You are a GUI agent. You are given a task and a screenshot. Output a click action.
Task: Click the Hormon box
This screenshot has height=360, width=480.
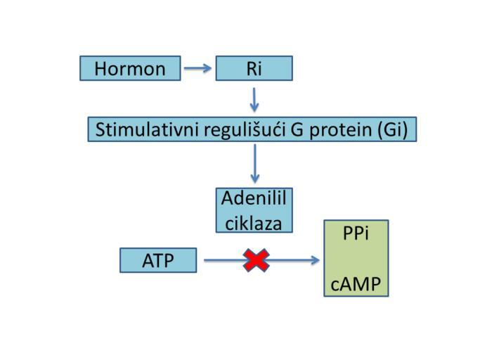pyautogui.click(x=130, y=68)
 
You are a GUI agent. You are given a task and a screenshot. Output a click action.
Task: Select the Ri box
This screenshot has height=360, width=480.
pyautogui.click(x=254, y=68)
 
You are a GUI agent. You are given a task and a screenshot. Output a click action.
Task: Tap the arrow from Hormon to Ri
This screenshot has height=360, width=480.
pyautogui.click(x=197, y=68)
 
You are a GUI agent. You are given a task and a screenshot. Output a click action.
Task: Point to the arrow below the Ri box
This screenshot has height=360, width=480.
pyautogui.click(x=254, y=100)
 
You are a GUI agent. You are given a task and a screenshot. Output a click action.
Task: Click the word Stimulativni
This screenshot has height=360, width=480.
pyautogui.click(x=147, y=129)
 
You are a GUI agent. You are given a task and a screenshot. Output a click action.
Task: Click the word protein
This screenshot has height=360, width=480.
pyautogui.click(x=341, y=130)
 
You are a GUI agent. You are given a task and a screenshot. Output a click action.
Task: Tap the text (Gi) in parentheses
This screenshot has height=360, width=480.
pyautogui.click(x=393, y=130)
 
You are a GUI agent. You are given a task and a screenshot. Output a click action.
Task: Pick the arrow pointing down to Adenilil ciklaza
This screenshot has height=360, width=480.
pyautogui.click(x=254, y=164)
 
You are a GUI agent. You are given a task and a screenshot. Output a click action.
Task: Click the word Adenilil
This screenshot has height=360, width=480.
pyautogui.click(x=254, y=198)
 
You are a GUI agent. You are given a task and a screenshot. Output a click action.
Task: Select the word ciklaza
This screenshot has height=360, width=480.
pyautogui.click(x=254, y=224)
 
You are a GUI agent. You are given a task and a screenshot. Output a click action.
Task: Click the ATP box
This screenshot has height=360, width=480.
pyautogui.click(x=158, y=260)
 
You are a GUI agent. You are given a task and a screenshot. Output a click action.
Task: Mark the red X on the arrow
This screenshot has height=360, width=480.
pyautogui.click(x=257, y=260)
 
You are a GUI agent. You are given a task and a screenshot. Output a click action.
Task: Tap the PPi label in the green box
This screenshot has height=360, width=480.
pyautogui.click(x=356, y=233)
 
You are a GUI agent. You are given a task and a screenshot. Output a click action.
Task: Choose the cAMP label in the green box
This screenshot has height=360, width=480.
pyautogui.click(x=356, y=284)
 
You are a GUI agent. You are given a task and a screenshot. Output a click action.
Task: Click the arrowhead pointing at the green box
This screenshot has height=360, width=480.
pyautogui.click(x=316, y=260)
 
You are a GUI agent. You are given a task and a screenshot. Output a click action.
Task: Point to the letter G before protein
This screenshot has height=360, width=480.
pyautogui.click(x=297, y=129)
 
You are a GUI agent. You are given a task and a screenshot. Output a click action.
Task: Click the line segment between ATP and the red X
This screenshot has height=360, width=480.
pyautogui.click(x=224, y=260)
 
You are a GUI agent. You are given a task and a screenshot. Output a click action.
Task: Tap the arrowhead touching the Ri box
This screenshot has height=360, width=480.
pyautogui.click(x=207, y=68)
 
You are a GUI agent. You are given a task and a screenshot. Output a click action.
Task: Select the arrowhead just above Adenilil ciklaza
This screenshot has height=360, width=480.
pyautogui.click(x=254, y=179)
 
